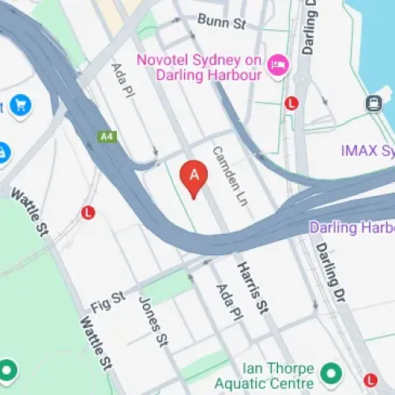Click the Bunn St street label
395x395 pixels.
click(x=222, y=21)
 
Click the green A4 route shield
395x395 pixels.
click(x=106, y=137)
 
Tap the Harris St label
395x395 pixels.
click(x=254, y=288)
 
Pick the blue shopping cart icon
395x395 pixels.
click(x=21, y=104)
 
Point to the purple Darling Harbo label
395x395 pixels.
click(x=352, y=228)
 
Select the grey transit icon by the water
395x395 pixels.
click(x=373, y=103)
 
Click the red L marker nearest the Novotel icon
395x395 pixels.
click(x=292, y=103)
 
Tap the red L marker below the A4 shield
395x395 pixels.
click(x=88, y=212)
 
